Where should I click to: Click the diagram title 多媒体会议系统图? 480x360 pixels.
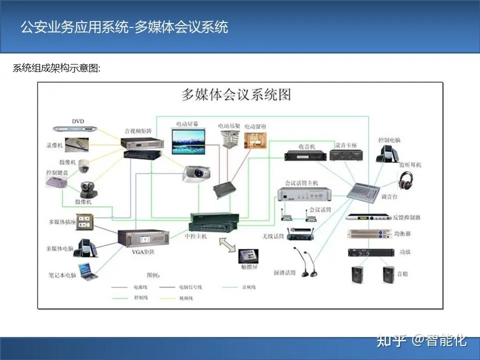click(x=235, y=94)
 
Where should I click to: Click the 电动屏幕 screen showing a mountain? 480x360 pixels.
click(x=188, y=141)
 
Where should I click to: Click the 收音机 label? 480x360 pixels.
click(x=306, y=146)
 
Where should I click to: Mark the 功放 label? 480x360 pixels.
click(x=404, y=252)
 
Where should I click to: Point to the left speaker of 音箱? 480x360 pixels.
click(x=357, y=274)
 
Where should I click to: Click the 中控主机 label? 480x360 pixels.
click(x=196, y=235)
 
